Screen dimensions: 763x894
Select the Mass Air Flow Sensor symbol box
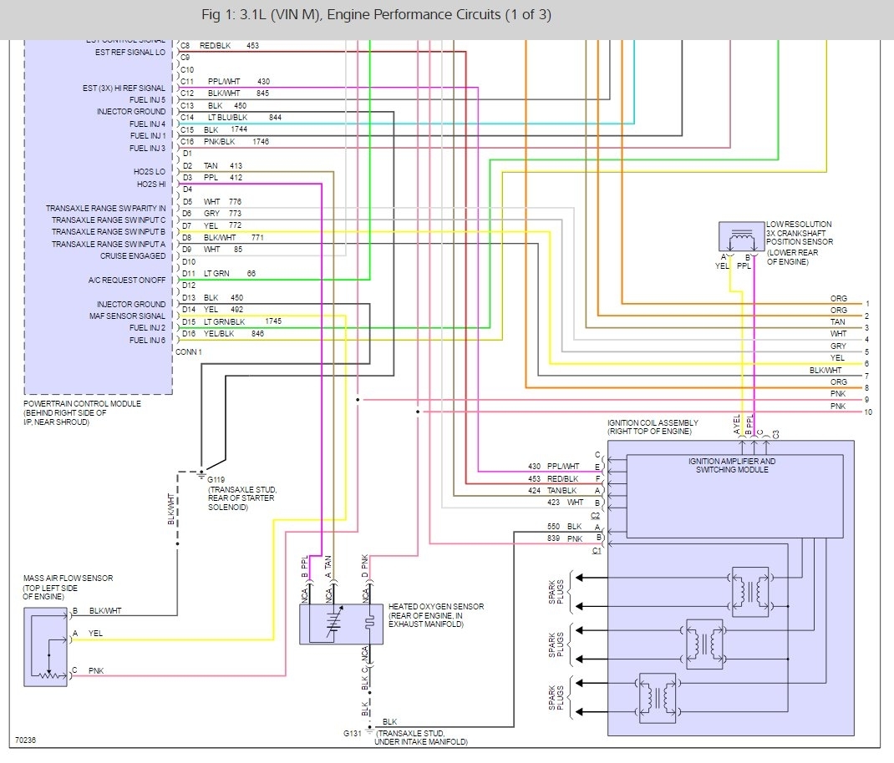[x=48, y=647]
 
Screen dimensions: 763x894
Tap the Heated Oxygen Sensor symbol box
[x=341, y=623]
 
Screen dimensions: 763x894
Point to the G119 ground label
[x=217, y=481]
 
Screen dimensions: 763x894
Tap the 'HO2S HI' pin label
[x=150, y=184]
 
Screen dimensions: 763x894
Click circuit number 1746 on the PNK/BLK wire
[x=261, y=142]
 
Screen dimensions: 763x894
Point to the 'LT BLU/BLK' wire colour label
[x=228, y=118]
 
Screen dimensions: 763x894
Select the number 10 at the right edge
[x=868, y=412]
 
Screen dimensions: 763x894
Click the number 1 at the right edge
[x=867, y=304]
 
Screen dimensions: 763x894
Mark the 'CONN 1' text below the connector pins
[x=188, y=352]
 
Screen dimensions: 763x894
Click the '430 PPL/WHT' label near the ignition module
[x=553, y=467]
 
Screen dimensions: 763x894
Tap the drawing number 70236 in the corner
[x=25, y=740]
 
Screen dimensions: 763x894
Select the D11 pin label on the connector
[x=187, y=274]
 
